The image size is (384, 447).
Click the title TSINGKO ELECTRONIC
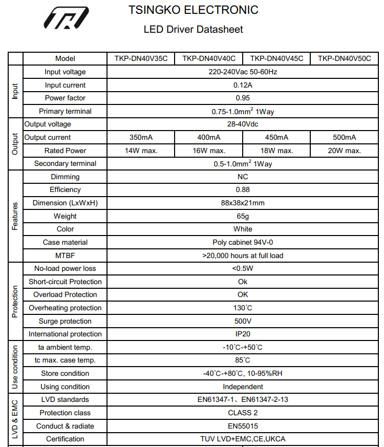[194, 10]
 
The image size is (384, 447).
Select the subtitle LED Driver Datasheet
[194, 29]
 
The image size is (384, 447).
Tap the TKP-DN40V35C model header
[141, 58]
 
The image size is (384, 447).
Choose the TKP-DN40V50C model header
[345, 58]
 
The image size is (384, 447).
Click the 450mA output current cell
[276, 137]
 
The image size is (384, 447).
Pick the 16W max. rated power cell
[209, 151]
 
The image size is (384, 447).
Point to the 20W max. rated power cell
[345, 151]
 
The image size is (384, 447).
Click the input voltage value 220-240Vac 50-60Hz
[243, 72]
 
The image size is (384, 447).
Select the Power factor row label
[65, 98]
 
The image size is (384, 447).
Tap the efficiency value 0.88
[243, 189]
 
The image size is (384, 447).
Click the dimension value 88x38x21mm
[243, 203]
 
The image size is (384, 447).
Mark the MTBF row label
[65, 256]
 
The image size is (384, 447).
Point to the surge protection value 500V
[243, 321]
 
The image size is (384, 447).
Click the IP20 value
[243, 334]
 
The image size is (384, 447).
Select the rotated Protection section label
[15, 301]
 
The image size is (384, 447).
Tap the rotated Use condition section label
[15, 367]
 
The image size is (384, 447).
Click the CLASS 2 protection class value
[243, 413]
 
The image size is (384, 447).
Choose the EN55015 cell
[243, 426]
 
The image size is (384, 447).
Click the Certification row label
[65, 439]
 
